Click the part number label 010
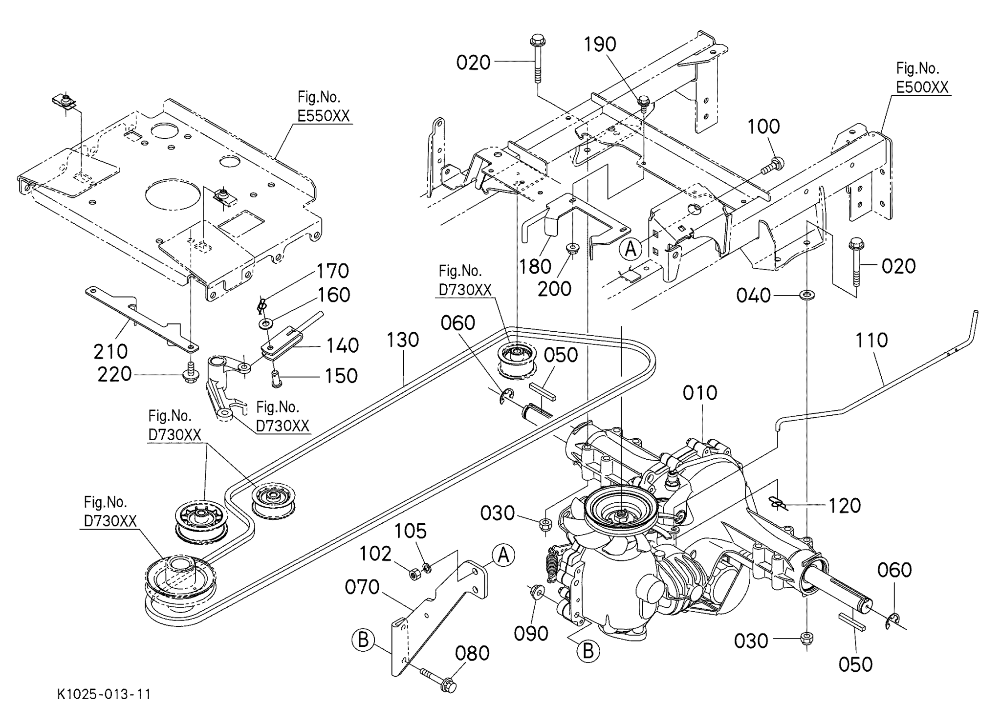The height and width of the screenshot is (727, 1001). (700, 393)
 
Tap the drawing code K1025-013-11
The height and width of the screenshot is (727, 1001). (104, 694)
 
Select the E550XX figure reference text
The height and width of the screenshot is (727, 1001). (324, 116)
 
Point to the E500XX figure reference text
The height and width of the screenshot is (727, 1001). (922, 87)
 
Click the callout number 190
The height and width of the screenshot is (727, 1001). (600, 44)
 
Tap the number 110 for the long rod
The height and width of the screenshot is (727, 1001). (872, 340)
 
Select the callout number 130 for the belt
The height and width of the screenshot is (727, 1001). (403, 340)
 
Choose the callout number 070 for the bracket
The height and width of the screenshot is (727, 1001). (362, 587)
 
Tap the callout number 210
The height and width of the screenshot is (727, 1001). (110, 351)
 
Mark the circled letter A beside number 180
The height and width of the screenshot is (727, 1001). (631, 249)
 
